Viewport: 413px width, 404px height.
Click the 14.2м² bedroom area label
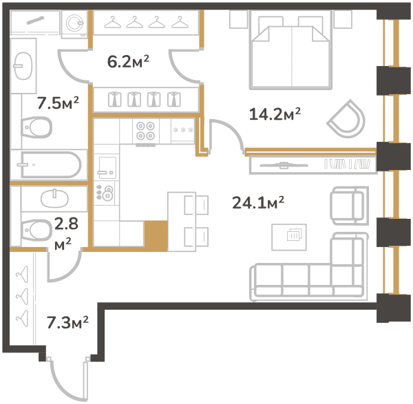(275, 114)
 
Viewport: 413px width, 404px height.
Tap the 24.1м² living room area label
(258, 203)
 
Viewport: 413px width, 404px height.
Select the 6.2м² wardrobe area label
(128, 62)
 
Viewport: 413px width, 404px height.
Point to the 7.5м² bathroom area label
(58, 103)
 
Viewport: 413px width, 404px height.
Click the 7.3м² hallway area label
(67, 323)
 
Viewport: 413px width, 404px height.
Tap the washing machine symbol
(74, 25)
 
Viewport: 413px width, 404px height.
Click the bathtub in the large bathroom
(50, 165)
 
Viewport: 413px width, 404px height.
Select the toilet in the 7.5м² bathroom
(36, 127)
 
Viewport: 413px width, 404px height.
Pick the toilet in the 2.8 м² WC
(36, 231)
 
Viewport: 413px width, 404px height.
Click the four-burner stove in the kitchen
(145, 131)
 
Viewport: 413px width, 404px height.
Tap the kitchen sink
(107, 167)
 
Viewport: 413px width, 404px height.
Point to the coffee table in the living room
(289, 237)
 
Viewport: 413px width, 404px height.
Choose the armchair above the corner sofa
(349, 205)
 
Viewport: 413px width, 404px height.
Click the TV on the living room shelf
(284, 165)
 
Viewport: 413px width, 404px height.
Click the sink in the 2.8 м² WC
(54, 198)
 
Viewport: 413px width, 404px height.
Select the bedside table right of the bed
(343, 19)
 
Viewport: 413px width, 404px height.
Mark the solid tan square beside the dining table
(156, 236)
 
